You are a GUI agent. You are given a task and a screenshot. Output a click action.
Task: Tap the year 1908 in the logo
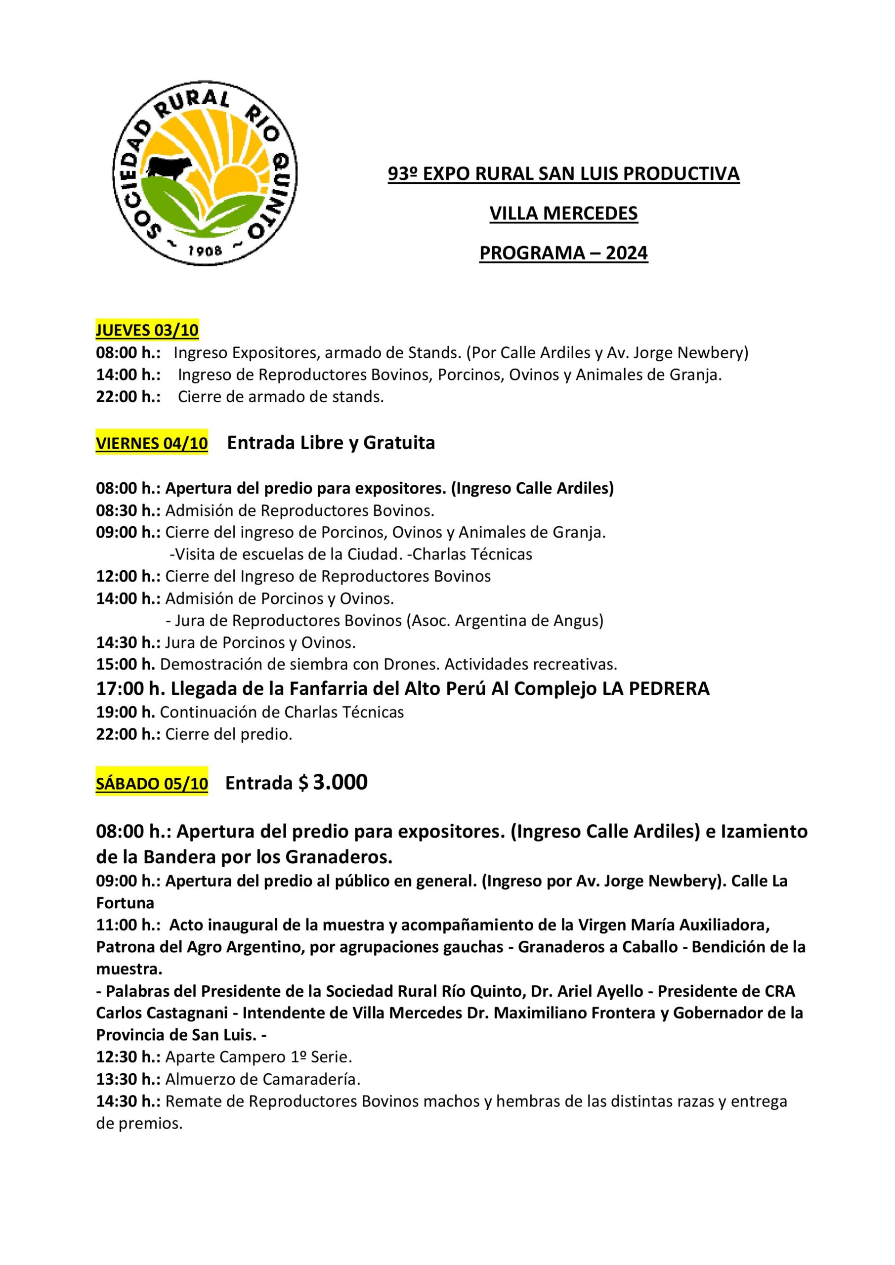(206, 251)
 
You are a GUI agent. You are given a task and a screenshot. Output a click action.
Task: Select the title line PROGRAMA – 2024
(563, 253)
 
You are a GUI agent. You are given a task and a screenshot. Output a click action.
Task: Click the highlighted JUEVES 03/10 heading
(147, 330)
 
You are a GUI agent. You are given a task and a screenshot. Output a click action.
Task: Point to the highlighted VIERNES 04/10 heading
(152, 444)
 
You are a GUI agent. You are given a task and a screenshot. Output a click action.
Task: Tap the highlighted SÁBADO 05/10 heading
(152, 785)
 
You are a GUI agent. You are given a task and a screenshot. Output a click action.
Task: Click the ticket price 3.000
(340, 782)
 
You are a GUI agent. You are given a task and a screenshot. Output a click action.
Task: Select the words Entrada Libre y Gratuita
(331, 442)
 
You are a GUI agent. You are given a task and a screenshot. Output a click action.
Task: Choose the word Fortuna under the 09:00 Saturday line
(125, 903)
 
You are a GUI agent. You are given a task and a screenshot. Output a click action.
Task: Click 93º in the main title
(402, 173)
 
